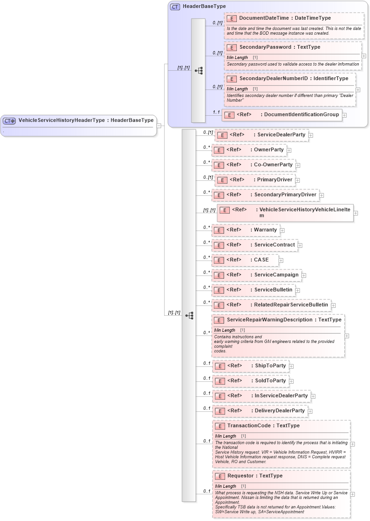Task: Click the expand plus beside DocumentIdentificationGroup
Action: (x=344, y=115)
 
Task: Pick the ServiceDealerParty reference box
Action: (x=262, y=135)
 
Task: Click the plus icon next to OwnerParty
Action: (x=289, y=150)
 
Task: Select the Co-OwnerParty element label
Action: (x=273, y=165)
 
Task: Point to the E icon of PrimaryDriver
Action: (x=222, y=180)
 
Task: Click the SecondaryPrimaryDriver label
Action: (x=285, y=195)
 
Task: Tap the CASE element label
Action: (x=261, y=260)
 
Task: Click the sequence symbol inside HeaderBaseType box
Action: (x=198, y=71)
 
